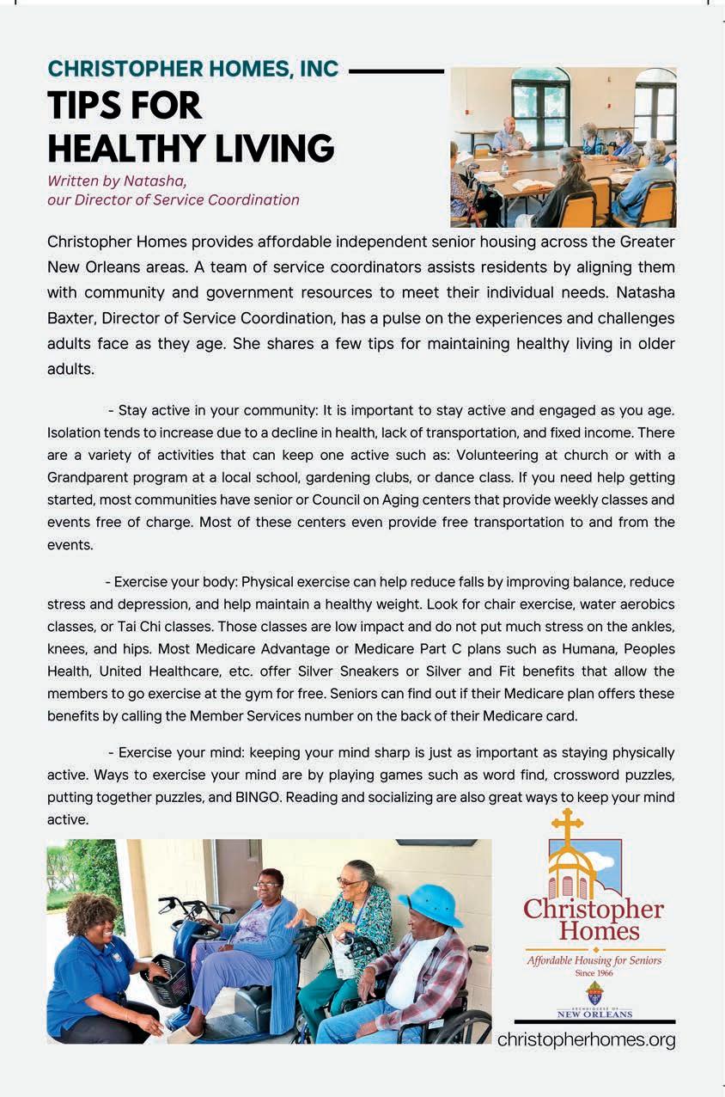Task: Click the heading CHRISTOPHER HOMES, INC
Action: [192, 69]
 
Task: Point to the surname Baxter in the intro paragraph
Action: [73, 318]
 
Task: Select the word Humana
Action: [565, 649]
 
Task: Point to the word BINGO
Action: [256, 798]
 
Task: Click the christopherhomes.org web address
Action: [587, 1040]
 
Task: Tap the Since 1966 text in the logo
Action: [594, 974]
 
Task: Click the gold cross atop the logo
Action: [567, 825]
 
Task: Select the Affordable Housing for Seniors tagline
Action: [594, 960]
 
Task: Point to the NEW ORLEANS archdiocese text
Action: [594, 1014]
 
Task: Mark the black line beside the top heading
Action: [396, 70]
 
